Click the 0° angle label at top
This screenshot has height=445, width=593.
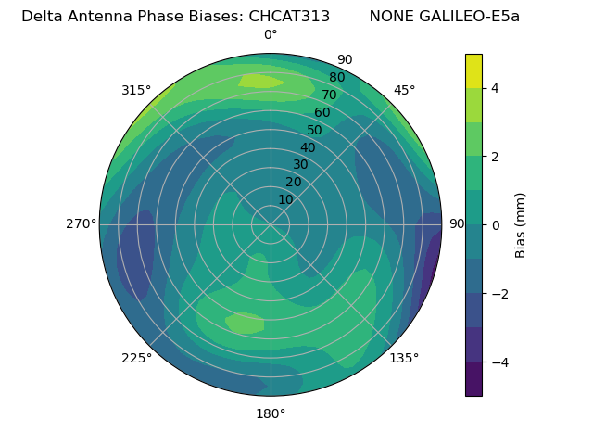(x=271, y=35)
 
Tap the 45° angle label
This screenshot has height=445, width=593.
(x=404, y=90)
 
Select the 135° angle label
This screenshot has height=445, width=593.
(x=404, y=358)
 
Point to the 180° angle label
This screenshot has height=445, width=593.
(x=271, y=413)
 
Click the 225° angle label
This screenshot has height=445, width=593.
(x=136, y=358)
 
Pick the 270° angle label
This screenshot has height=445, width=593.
(x=81, y=223)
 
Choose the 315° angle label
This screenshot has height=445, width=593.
(x=136, y=90)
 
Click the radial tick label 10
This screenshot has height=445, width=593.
(x=285, y=200)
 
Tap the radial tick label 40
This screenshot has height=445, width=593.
(x=308, y=147)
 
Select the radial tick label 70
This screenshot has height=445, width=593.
(x=330, y=95)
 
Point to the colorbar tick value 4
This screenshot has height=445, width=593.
(x=496, y=88)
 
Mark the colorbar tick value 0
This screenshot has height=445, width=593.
(x=496, y=224)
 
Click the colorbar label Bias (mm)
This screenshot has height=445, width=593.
(x=521, y=224)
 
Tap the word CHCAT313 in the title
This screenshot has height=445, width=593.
(x=289, y=17)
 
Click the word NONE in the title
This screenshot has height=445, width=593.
(x=391, y=17)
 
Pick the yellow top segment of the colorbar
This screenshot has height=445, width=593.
(x=473, y=70)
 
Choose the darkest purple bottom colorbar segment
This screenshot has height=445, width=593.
(x=473, y=378)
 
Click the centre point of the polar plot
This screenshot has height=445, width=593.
(x=271, y=224)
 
